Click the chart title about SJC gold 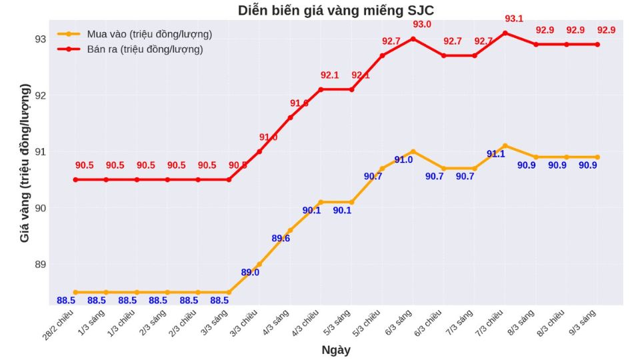click(340, 11)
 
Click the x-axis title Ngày click(336, 350)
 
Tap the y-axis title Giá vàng click(25, 163)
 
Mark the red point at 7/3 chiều click(505, 33)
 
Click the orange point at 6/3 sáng click(413, 151)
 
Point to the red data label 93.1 click(514, 19)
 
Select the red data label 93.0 click(422, 25)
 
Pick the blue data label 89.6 click(281, 239)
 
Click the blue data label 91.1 click(496, 154)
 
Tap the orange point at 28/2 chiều click(75, 292)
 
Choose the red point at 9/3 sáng click(597, 45)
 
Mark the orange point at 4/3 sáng click(290, 231)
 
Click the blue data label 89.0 click(250, 272)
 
